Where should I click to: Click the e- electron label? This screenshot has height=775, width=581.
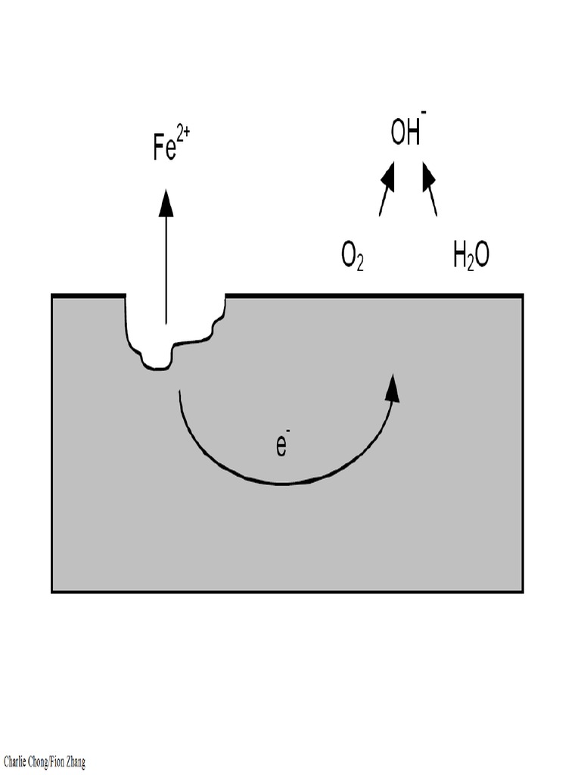coord(281,445)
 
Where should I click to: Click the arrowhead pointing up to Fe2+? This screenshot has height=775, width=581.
coord(166,203)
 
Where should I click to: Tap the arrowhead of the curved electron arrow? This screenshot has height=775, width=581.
coord(392,387)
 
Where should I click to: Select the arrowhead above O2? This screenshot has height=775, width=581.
coord(388,177)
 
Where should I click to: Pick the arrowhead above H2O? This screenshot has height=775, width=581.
coord(428,177)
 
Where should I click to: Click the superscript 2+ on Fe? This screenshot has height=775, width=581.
coord(182,137)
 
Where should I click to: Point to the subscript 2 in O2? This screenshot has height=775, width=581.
coord(360,264)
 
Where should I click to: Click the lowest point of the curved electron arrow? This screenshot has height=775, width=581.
coord(281,483)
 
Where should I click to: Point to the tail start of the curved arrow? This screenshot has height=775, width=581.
coord(179,392)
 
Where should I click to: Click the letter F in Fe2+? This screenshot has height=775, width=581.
coord(158,148)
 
